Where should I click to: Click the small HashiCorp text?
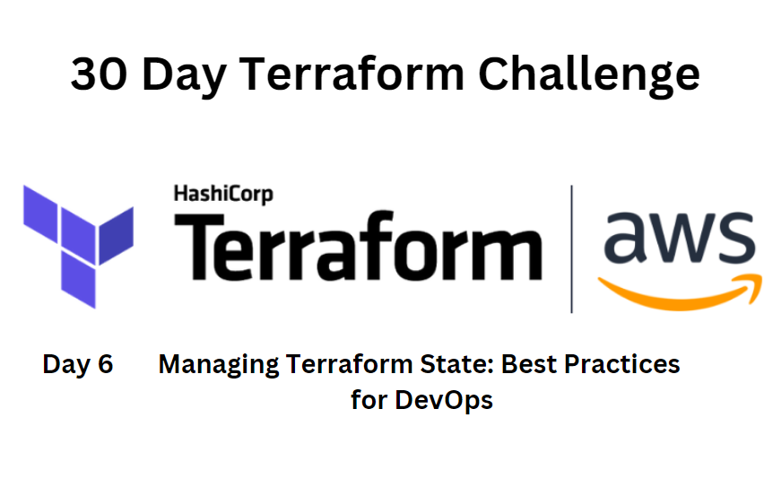pyautogui.click(x=222, y=193)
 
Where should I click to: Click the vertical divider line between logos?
pyautogui.click(x=571, y=248)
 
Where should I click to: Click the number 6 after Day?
pyautogui.click(x=105, y=365)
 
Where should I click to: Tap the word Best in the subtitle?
pyautogui.click(x=530, y=365)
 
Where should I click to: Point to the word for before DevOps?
pyautogui.click(x=369, y=399)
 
